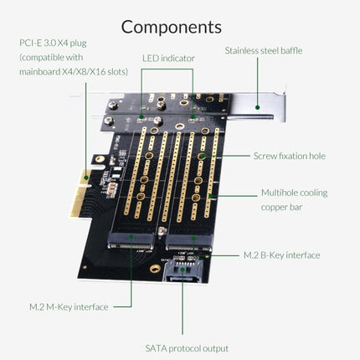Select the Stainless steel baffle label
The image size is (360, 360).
click(263, 50)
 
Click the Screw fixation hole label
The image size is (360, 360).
click(290, 156)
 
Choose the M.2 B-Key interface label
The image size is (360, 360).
click(281, 255)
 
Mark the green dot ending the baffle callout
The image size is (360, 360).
click(259, 106)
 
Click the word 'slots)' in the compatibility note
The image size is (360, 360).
click(114, 72)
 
